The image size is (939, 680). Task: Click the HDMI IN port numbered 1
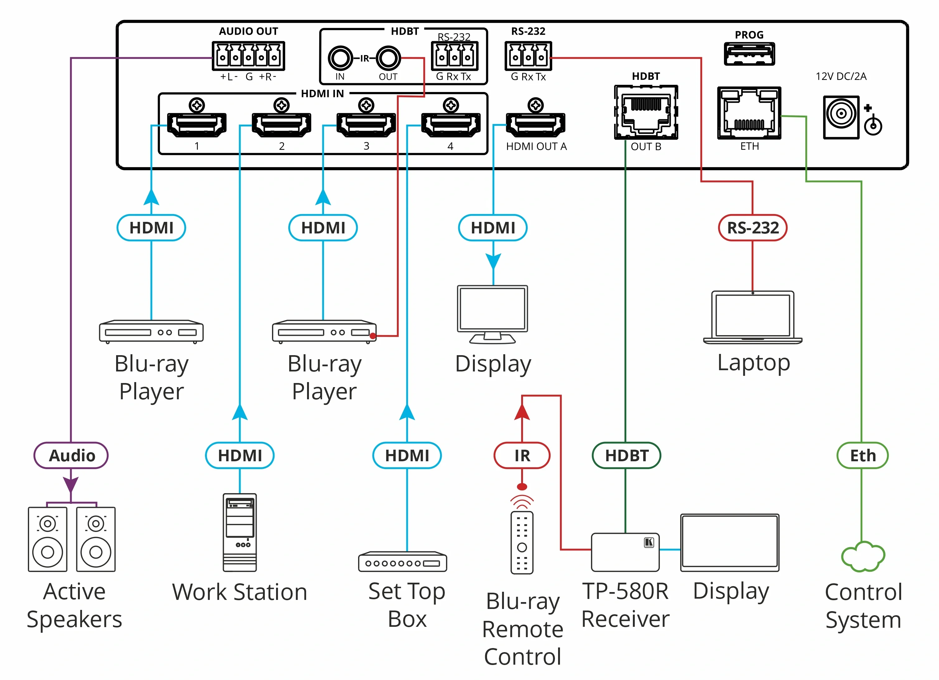(197, 124)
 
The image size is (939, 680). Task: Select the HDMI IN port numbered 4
(451, 124)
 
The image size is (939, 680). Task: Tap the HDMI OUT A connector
(536, 124)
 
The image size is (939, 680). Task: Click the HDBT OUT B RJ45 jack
(646, 112)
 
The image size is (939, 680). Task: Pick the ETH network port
(749, 113)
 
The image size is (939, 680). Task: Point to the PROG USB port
(749, 54)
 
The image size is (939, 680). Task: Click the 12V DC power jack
(841, 117)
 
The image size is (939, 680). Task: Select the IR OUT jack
(388, 58)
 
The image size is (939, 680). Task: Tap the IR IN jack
(340, 58)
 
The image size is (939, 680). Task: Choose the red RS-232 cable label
(753, 228)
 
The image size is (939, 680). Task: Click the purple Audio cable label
(71, 455)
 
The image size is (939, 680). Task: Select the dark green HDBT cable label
(626, 455)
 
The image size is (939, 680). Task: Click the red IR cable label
(522, 455)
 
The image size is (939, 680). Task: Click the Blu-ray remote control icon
(522, 543)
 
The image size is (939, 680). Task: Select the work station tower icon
(240, 532)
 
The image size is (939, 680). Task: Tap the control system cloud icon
(863, 556)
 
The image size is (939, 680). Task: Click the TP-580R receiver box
(625, 552)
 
